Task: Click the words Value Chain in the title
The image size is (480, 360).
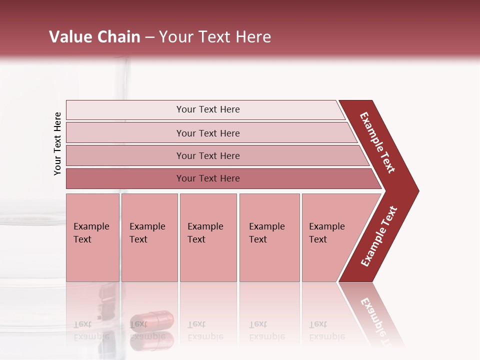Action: coord(94,37)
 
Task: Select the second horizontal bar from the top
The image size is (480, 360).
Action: coord(208,133)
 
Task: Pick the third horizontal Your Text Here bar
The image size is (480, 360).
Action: coord(208,155)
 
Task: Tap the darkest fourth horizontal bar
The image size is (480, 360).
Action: coord(208,178)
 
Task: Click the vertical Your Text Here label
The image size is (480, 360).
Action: coord(57,143)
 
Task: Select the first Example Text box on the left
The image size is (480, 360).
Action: coord(92,237)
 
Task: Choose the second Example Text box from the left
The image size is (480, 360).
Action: coord(149,237)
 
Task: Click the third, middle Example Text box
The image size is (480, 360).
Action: coord(208,237)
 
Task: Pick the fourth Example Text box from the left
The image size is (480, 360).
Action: coord(269,237)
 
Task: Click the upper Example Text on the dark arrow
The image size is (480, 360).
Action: coord(377,142)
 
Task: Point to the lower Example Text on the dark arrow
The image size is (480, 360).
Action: coord(379,236)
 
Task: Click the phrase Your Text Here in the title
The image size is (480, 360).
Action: coord(215,37)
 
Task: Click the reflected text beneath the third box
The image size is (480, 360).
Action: coord(205,330)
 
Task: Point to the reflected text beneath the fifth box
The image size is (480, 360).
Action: coord(326,330)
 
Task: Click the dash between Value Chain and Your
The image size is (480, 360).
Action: coord(149,37)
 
